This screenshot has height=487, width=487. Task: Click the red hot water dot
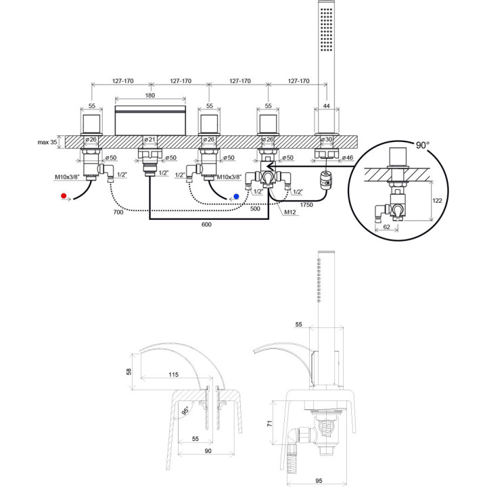[x=63, y=195]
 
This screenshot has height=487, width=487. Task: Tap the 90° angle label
[x=422, y=145]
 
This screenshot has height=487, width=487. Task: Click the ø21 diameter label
[x=150, y=140]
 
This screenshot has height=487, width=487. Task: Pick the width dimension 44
[x=328, y=107]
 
